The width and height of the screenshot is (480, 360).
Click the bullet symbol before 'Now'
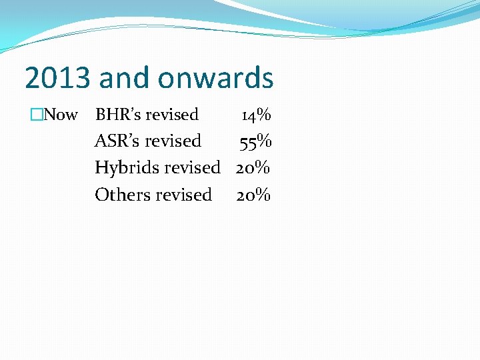pyautogui.click(x=36, y=115)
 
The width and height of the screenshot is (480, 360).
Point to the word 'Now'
pyautogui.click(x=61, y=115)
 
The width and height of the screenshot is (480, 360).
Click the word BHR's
pyautogui.click(x=118, y=115)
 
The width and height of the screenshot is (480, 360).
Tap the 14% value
pyautogui.click(x=256, y=115)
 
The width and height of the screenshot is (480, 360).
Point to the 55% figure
pyautogui.click(x=255, y=141)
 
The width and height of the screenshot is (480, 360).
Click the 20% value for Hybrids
pyautogui.click(x=253, y=168)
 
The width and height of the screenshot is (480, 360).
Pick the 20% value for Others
pyautogui.click(x=253, y=195)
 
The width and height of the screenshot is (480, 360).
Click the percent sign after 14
pyautogui.click(x=264, y=115)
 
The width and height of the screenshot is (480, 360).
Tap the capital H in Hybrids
pyautogui.click(x=101, y=167)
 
